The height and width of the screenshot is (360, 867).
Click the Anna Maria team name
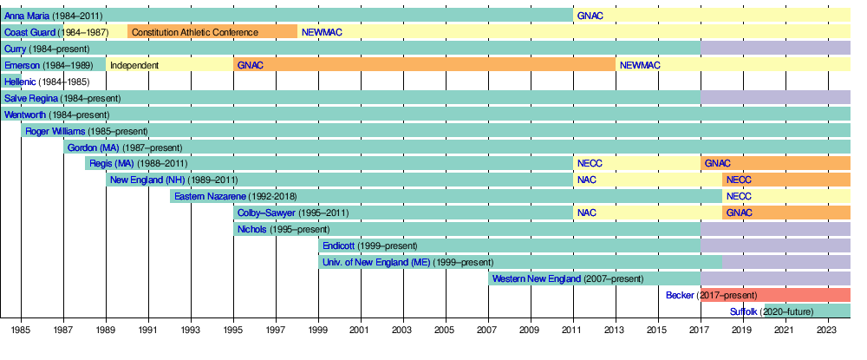[x=26, y=16]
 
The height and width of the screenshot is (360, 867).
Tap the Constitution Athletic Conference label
[x=195, y=32]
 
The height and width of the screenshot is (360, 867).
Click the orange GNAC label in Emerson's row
[x=250, y=65]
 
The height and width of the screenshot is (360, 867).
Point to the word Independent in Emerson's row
[x=134, y=65]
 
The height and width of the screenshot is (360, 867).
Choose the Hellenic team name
[x=20, y=82]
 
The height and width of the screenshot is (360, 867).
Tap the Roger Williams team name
[x=55, y=131]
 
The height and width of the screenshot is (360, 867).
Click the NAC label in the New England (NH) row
[x=587, y=180]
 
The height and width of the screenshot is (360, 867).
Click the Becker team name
[x=680, y=295]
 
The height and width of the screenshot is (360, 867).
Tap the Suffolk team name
[x=743, y=311]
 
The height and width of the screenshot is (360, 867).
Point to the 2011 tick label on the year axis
[x=573, y=331]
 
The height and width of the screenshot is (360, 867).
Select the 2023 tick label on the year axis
[x=828, y=331]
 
